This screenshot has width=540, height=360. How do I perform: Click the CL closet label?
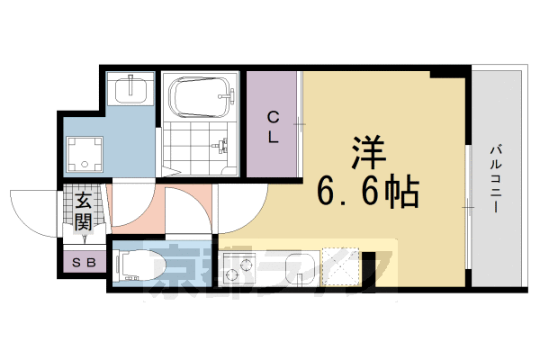coord(273,126)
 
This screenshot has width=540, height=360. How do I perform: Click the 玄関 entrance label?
coord(84,211)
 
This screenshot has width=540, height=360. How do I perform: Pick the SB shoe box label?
coord(86,263)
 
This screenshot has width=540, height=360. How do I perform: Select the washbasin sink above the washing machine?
coord(131,90)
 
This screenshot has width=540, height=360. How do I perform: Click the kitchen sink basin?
coord(297,266)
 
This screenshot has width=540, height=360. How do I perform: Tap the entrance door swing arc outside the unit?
coord(36,211)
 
